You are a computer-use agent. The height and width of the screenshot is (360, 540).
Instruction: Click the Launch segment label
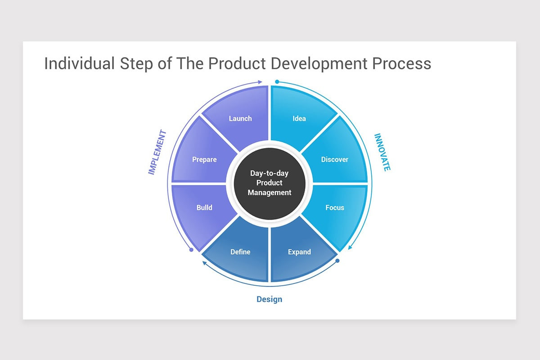tap(240, 119)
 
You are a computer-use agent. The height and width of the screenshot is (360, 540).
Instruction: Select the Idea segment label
tap(299, 119)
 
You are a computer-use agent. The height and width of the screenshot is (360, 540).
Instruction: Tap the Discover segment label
tap(334, 160)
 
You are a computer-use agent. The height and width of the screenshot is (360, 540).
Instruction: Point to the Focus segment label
tap(335, 208)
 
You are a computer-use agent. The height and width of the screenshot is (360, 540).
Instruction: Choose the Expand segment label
tap(299, 252)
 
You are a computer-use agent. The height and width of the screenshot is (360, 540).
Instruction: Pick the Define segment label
tap(240, 252)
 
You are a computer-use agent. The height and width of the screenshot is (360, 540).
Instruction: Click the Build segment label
tap(204, 208)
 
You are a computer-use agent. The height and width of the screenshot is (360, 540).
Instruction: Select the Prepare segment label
tap(204, 160)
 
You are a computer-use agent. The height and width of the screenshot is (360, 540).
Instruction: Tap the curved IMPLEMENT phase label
tap(157, 153)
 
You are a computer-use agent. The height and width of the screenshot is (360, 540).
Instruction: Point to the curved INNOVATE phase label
tap(382, 152)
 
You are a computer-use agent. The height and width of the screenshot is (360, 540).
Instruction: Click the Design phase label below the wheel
tap(270, 299)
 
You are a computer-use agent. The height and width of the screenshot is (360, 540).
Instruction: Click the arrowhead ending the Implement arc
tap(260, 82)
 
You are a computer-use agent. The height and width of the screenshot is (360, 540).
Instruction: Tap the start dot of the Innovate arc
tap(277, 82)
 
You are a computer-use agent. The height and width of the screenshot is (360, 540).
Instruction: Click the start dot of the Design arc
tap(337, 261)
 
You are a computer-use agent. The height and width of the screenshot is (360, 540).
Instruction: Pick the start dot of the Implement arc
tap(191, 249)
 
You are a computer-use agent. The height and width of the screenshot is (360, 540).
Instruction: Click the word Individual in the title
tap(79, 63)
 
